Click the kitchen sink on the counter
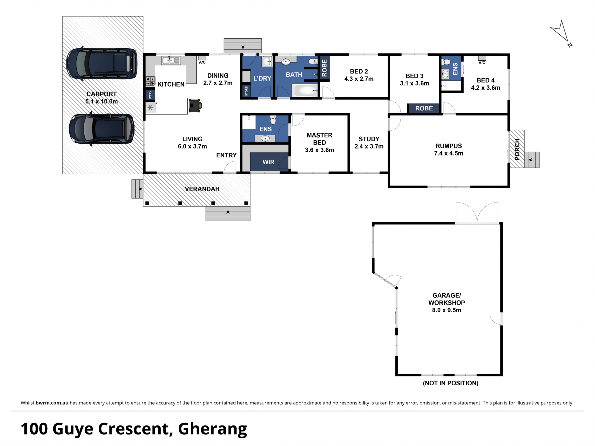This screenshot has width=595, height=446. pos(171,60)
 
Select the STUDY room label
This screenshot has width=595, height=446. pos(369,139)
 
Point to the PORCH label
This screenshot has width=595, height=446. pos(517,149)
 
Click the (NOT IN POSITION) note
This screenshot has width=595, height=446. pos(451,383)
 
